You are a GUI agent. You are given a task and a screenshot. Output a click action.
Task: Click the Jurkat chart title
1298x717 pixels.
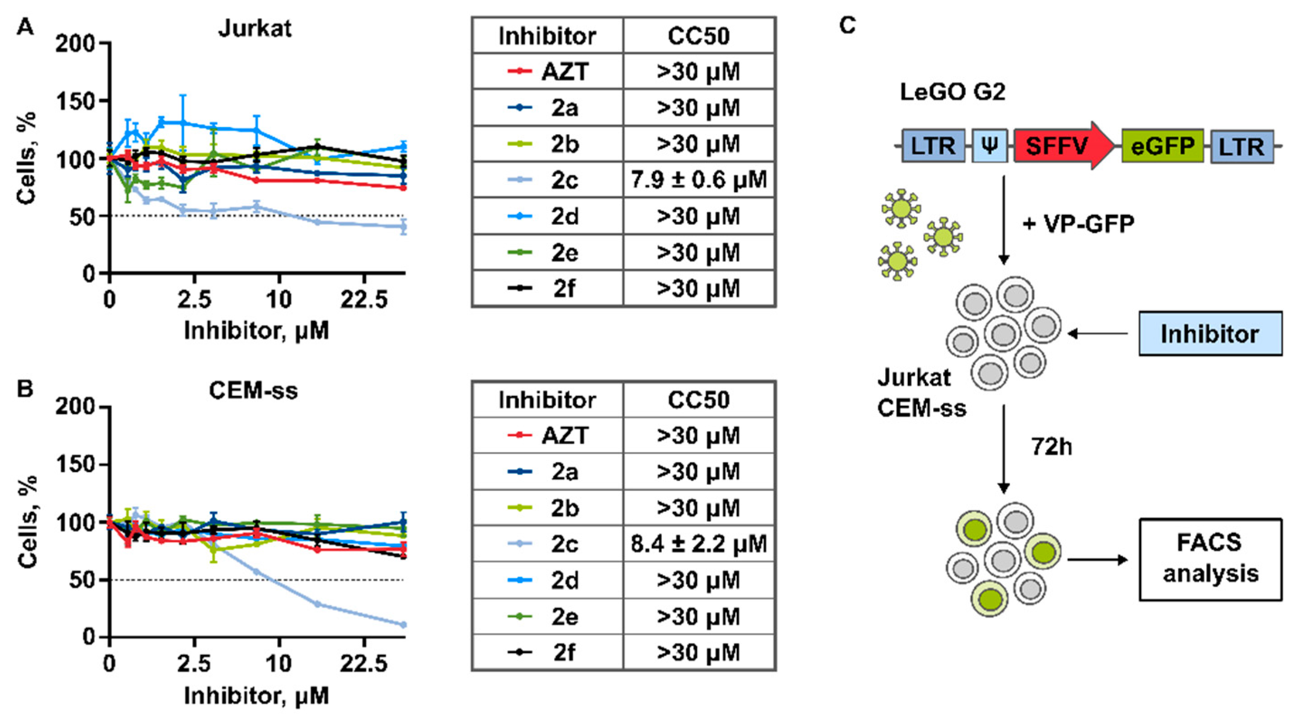[255, 28]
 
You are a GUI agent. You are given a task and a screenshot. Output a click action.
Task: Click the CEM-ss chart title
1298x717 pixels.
[254, 391]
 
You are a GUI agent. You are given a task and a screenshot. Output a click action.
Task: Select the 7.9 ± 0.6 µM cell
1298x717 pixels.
[699, 180]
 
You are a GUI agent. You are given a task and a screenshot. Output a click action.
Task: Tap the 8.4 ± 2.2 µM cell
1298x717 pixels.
[699, 544]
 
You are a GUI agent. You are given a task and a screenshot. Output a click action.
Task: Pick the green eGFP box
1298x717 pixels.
[1162, 146]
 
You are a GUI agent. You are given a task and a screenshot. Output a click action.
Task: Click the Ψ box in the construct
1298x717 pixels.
[990, 146]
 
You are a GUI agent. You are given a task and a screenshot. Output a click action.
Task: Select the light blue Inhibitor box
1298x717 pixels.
[1210, 334]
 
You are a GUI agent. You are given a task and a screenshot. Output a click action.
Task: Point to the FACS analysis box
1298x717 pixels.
[1210, 559]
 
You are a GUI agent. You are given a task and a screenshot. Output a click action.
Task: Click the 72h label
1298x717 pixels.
[1052, 446]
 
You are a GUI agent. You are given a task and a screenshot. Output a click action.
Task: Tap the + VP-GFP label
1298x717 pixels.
[1078, 224]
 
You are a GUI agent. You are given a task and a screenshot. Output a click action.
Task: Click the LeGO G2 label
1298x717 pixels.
[952, 92]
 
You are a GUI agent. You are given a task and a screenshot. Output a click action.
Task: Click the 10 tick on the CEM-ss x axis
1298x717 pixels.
[278, 664]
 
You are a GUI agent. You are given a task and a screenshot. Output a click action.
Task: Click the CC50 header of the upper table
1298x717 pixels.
[699, 36]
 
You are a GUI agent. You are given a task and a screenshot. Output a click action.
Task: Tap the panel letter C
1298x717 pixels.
[848, 25]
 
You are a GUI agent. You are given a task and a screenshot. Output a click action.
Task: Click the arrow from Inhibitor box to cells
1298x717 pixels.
[1097, 334]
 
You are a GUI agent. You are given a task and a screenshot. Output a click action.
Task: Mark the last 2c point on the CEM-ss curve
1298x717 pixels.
[403, 625]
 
